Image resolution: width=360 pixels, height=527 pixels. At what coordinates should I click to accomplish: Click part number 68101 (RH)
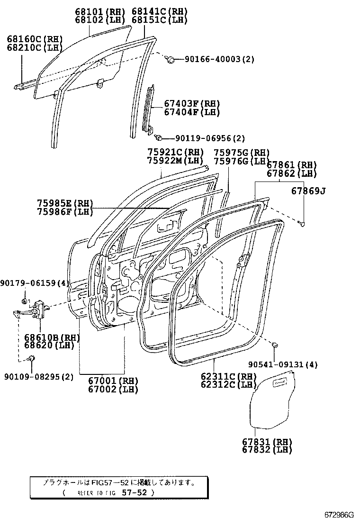99,11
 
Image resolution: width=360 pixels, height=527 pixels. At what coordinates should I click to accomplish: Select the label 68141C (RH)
159,11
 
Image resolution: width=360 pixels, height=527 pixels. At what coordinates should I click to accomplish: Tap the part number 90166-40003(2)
219,59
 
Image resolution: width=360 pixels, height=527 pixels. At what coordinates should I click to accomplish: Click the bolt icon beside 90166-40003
171,59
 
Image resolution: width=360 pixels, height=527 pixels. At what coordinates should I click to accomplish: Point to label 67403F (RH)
192,104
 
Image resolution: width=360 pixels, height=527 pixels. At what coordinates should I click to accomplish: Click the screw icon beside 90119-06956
159,137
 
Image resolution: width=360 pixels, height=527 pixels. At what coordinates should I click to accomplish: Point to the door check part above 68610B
38,308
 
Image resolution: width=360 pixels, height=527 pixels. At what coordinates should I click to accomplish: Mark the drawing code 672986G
339,515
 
